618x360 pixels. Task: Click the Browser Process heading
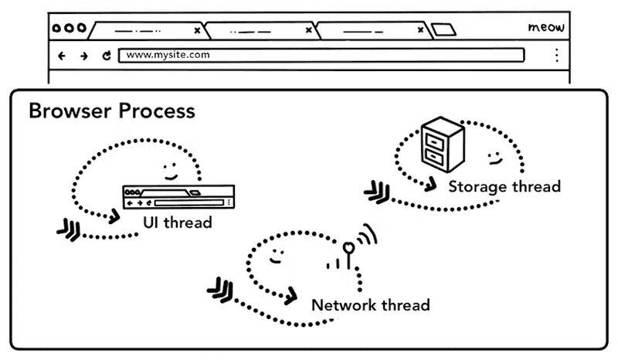[111, 110]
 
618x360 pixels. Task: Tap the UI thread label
[177, 222]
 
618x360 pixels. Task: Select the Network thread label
[370, 304]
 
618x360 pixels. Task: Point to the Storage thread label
[504, 186]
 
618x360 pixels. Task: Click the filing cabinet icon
[442, 147]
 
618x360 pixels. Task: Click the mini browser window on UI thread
[178, 197]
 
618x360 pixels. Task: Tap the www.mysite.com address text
[168, 55]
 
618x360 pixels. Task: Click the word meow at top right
[546, 28]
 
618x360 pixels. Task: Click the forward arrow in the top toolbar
[83, 56]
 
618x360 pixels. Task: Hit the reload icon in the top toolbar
[107, 56]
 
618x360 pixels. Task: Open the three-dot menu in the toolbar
[556, 56]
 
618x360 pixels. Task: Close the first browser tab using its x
[197, 31]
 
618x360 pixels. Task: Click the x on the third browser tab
[421, 31]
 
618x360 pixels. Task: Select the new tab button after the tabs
[443, 30]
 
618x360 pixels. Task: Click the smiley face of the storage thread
[493, 158]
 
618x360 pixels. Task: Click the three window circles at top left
[69, 29]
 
